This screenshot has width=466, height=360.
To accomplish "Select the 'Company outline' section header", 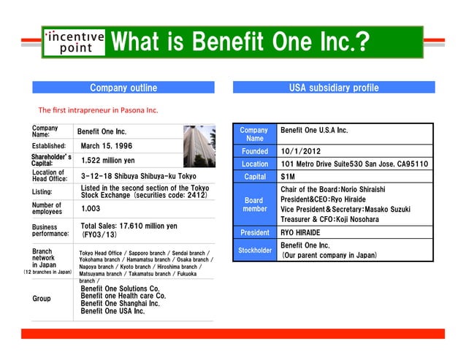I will tap(123, 88).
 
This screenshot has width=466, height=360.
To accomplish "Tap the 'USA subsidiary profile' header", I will tap(333, 88).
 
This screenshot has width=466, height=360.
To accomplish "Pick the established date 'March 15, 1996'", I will tap(112, 147).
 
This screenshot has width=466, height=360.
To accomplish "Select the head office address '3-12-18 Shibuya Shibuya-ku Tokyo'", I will tap(139, 176).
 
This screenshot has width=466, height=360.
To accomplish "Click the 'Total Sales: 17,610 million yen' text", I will tap(129, 226).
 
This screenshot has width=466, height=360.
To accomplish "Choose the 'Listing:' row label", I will tap(42, 191).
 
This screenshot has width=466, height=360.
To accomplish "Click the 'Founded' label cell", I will tap(255, 151).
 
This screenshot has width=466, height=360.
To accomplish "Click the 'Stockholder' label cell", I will tap(255, 250).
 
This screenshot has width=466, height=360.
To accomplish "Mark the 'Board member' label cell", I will tap(255, 204).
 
